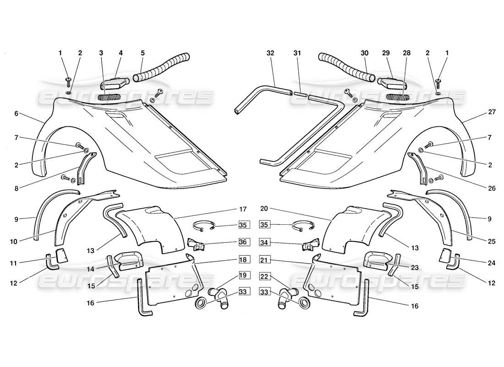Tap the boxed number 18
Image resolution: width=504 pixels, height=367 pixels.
click(242, 260)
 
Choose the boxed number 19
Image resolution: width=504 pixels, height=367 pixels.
click(242, 277)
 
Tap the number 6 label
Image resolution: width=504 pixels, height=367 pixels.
click(16, 113)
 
